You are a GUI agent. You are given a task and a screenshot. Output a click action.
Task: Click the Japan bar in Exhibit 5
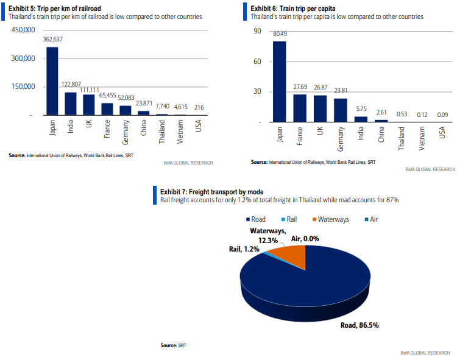point(52,81)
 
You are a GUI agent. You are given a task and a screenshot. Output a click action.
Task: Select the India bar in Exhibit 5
point(71,104)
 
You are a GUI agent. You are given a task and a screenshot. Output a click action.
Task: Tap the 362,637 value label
point(53,39)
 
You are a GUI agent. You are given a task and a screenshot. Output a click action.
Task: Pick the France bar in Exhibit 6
point(300,108)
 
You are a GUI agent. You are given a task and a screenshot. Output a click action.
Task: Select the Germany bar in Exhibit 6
point(341,110)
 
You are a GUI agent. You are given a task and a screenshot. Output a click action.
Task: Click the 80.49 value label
point(280,34)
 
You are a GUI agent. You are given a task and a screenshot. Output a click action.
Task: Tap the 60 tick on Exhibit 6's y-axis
point(257,62)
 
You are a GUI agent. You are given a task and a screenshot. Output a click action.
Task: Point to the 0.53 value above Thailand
point(402,113)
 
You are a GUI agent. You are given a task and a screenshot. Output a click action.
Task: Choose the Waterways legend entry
point(331,219)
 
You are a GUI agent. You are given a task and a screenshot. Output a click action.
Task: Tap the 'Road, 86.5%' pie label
point(359,325)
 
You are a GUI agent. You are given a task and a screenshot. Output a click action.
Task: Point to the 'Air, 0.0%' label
point(306,239)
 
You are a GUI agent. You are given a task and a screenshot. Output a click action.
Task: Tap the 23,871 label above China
point(144,103)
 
